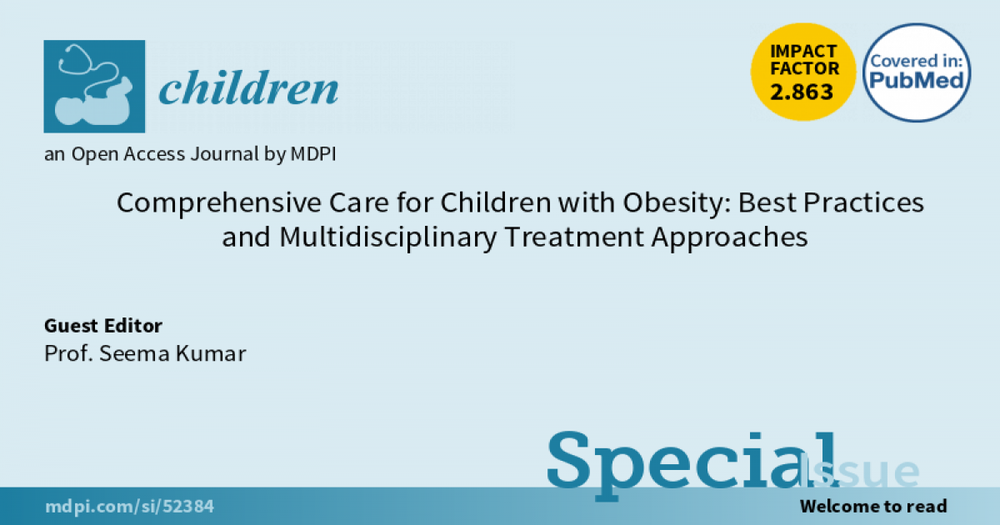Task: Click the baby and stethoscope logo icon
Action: pos(94,86)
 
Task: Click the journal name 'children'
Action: pos(248,87)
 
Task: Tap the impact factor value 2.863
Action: pos(802,92)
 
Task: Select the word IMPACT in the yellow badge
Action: pos(803,52)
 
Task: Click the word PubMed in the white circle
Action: pos(917,80)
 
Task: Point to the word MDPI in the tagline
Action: pos(313,154)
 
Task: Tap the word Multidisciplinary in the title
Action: pos(388,237)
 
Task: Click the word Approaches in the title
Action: pos(729,237)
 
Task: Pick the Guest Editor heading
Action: pos(103,326)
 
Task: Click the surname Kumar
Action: pos(211,353)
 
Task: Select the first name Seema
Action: pos(134,353)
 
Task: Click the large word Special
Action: pos(691,464)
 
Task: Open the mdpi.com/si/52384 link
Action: pos(129,507)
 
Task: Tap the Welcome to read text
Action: pos(873,507)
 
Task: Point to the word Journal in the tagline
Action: pos(224,154)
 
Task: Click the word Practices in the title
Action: pos(863,203)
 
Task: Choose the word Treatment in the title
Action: pos(574,237)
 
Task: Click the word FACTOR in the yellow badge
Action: pos(804,68)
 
